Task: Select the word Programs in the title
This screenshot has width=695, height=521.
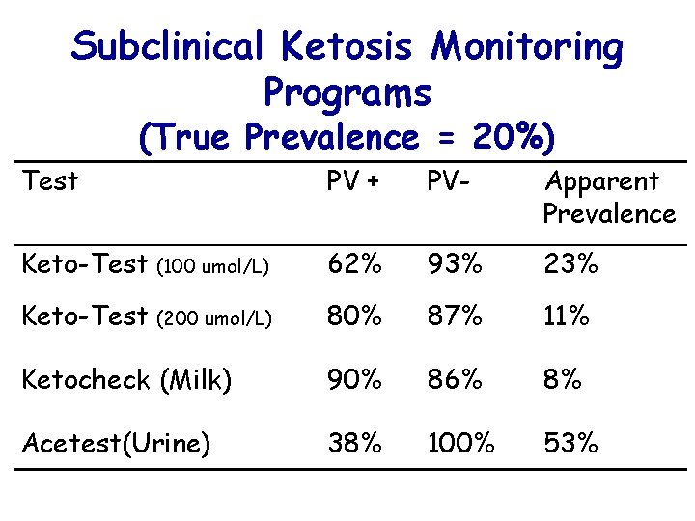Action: coord(347,94)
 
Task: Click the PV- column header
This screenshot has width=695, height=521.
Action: coord(444,181)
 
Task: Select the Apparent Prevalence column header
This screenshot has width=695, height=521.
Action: coord(608,197)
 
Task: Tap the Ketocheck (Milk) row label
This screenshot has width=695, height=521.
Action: coord(126,381)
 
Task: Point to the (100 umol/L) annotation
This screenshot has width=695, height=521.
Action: coord(214,264)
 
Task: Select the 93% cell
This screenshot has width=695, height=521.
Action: coord(448,261)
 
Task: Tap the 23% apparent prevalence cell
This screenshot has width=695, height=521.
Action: coord(570,261)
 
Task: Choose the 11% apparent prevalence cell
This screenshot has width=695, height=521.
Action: coord(566,316)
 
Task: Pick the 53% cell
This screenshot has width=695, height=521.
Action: coord(570,443)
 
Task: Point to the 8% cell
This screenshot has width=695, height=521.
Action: coord(562,379)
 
